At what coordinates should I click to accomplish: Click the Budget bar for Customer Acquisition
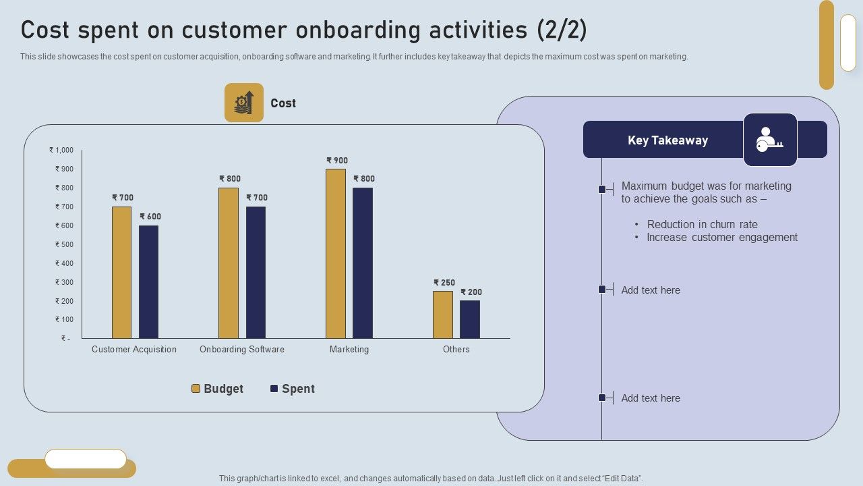121,273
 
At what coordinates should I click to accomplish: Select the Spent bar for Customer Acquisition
148,282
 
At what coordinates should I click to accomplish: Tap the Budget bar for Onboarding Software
229,263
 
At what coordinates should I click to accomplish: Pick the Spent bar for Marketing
363,263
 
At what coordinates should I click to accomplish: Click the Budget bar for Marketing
336,254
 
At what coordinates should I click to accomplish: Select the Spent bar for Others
470,319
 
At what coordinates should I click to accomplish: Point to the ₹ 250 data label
444,283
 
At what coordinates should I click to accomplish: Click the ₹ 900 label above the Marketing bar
337,161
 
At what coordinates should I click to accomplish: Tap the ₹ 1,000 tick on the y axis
61,151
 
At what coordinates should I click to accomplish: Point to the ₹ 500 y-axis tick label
64,244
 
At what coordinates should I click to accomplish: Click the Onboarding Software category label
242,350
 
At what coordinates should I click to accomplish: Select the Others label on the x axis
456,350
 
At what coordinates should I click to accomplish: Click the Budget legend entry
217,389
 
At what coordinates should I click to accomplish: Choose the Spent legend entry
292,389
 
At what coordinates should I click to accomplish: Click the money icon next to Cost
244,103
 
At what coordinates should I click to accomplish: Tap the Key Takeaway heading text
667,140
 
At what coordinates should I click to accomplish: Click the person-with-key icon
770,140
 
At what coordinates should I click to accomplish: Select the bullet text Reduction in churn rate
702,225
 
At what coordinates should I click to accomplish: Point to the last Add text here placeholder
651,398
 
